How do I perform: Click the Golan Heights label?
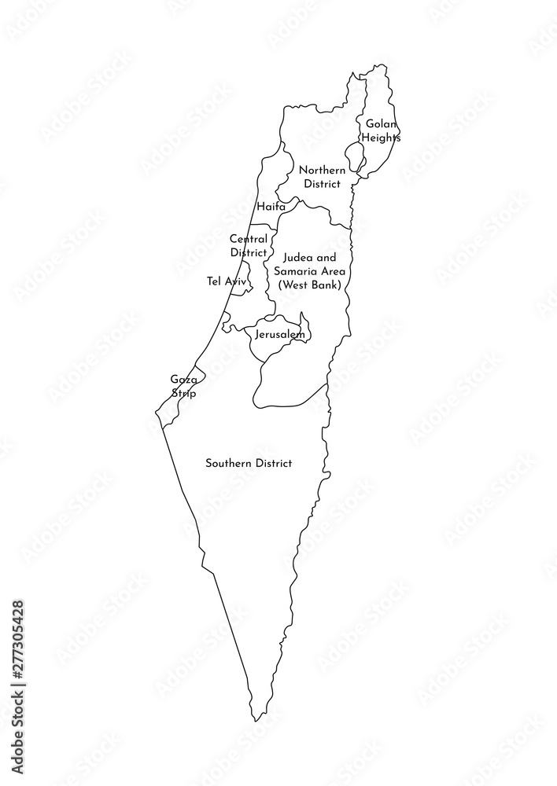(x=381, y=130)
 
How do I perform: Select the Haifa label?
(x=271, y=207)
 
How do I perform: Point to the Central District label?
(x=249, y=245)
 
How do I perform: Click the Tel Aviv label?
(x=227, y=281)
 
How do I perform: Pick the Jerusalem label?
(x=279, y=335)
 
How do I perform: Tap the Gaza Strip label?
(x=183, y=386)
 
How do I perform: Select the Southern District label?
(x=249, y=464)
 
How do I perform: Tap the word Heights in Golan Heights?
(x=381, y=138)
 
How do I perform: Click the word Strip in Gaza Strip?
(x=183, y=393)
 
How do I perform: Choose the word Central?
(x=249, y=238)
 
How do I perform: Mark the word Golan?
(x=381, y=123)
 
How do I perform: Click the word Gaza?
(x=183, y=379)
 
